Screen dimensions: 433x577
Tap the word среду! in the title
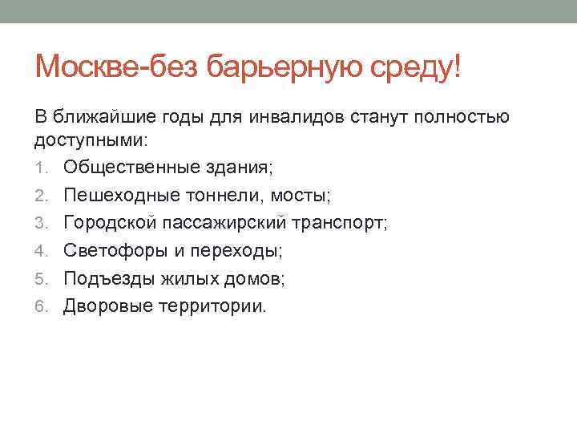pos(417,67)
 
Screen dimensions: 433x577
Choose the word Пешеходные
pos(119,195)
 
